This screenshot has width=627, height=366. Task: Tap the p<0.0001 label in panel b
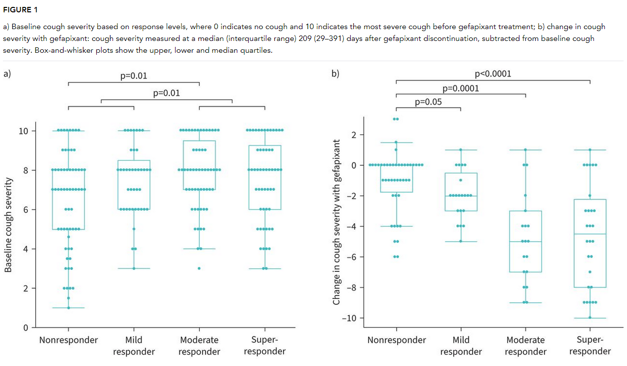[x=493, y=74]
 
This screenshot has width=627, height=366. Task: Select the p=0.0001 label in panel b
[x=461, y=88]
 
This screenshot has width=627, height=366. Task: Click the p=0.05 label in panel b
[x=428, y=102]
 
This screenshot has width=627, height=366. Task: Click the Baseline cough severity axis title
[x=8, y=225]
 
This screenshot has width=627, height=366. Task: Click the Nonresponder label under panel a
[x=69, y=340]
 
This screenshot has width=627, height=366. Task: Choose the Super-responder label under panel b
[x=590, y=345]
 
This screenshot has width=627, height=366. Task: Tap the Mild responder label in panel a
[x=134, y=345]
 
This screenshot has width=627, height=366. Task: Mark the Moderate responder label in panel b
[x=526, y=345]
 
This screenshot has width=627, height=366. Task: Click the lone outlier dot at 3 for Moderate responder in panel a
[x=199, y=268]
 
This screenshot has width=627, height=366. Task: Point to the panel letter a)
[x=7, y=74]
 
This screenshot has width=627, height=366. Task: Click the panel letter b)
[x=335, y=74]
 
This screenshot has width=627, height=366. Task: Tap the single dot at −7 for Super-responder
[x=590, y=272]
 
